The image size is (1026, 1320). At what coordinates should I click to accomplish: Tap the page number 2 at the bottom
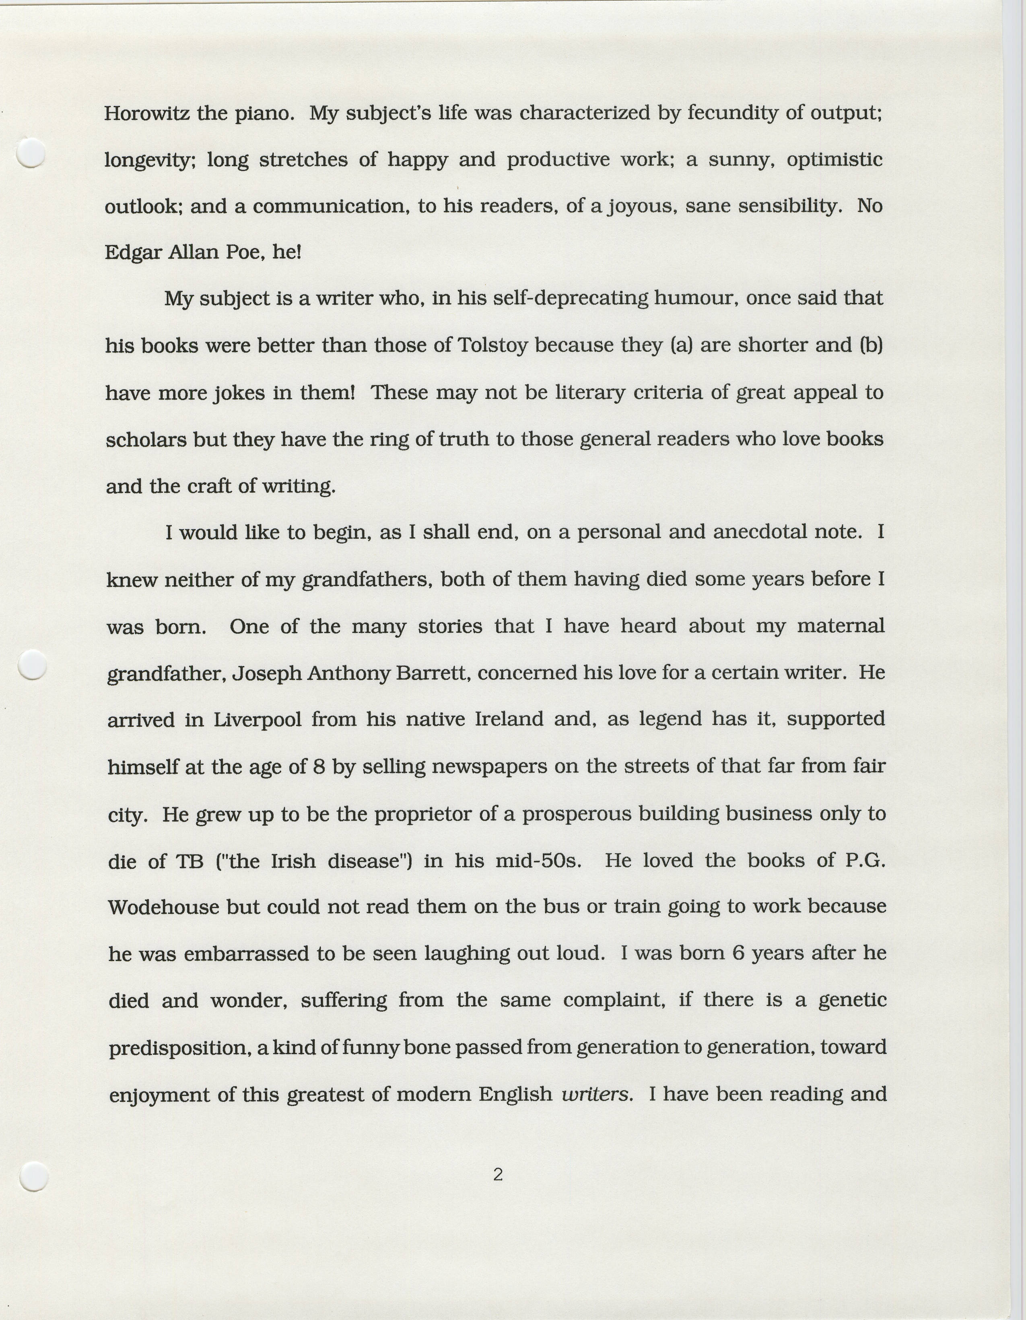498,1174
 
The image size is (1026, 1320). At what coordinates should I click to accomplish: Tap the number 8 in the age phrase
319,766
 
